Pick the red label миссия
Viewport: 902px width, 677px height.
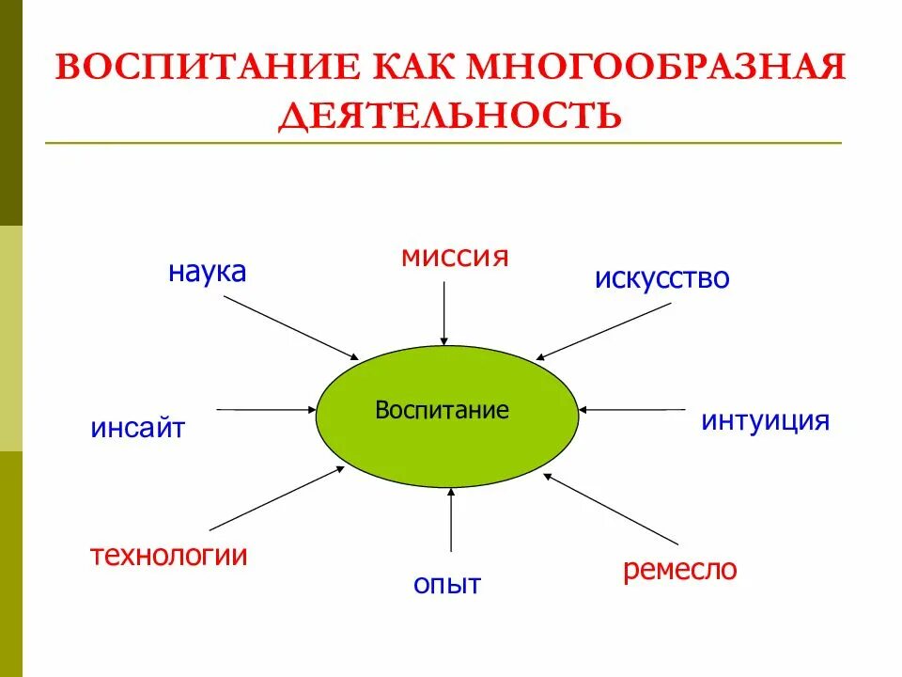pyautogui.click(x=455, y=256)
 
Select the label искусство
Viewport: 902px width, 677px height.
pyautogui.click(x=661, y=278)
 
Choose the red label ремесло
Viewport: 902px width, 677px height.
pyautogui.click(x=679, y=570)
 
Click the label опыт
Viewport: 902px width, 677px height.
pyautogui.click(x=447, y=584)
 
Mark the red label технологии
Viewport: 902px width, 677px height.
pyautogui.click(x=169, y=556)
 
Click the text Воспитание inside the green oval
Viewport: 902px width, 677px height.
pyautogui.click(x=442, y=410)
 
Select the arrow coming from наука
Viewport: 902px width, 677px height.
pyautogui.click(x=291, y=327)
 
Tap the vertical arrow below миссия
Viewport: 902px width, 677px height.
pyautogui.click(x=444, y=312)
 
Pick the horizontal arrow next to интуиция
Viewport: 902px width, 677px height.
pyautogui.click(x=632, y=409)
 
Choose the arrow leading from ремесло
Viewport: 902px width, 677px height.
pyautogui.click(x=611, y=509)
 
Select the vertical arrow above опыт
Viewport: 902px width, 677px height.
pyautogui.click(x=452, y=519)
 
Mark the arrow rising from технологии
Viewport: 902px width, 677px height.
pyautogui.click(x=277, y=497)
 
